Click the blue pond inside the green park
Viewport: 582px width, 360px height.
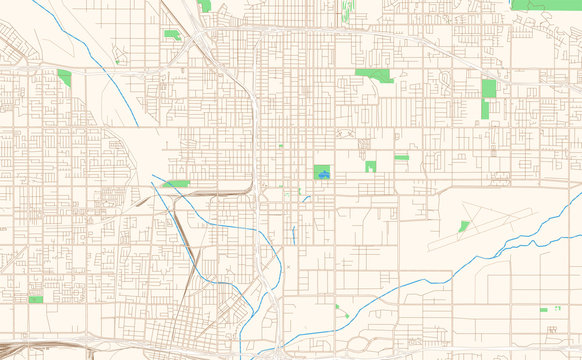click(322, 176)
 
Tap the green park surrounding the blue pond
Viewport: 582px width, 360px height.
click(322, 168)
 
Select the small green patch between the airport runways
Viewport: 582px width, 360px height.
click(464, 226)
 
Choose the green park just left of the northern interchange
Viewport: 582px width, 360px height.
click(172, 35)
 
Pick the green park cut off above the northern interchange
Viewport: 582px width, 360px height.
click(204, 5)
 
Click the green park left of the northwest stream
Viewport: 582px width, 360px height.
click(65, 78)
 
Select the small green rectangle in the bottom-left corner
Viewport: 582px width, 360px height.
click(36, 299)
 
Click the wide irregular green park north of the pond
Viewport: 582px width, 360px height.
click(375, 74)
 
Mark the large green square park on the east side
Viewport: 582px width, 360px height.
click(489, 88)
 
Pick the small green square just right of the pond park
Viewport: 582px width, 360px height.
click(370, 166)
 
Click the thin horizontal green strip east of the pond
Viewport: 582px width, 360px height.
click(401, 157)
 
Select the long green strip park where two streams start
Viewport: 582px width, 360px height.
click(176, 184)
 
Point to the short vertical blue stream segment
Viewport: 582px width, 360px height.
click(294, 236)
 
